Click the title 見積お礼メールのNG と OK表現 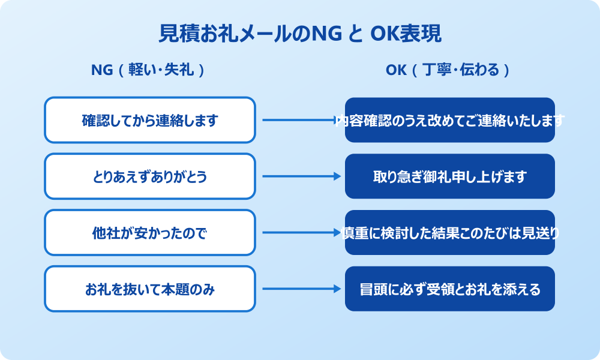click(300, 34)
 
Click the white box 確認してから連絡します click(150, 120)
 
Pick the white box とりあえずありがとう click(150, 176)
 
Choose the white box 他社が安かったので click(150, 233)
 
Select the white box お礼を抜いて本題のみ click(150, 289)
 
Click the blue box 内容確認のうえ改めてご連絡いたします click(450, 120)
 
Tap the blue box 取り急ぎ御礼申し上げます click(450, 176)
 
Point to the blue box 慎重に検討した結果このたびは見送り click(450, 233)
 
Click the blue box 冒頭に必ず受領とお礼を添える click(450, 289)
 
